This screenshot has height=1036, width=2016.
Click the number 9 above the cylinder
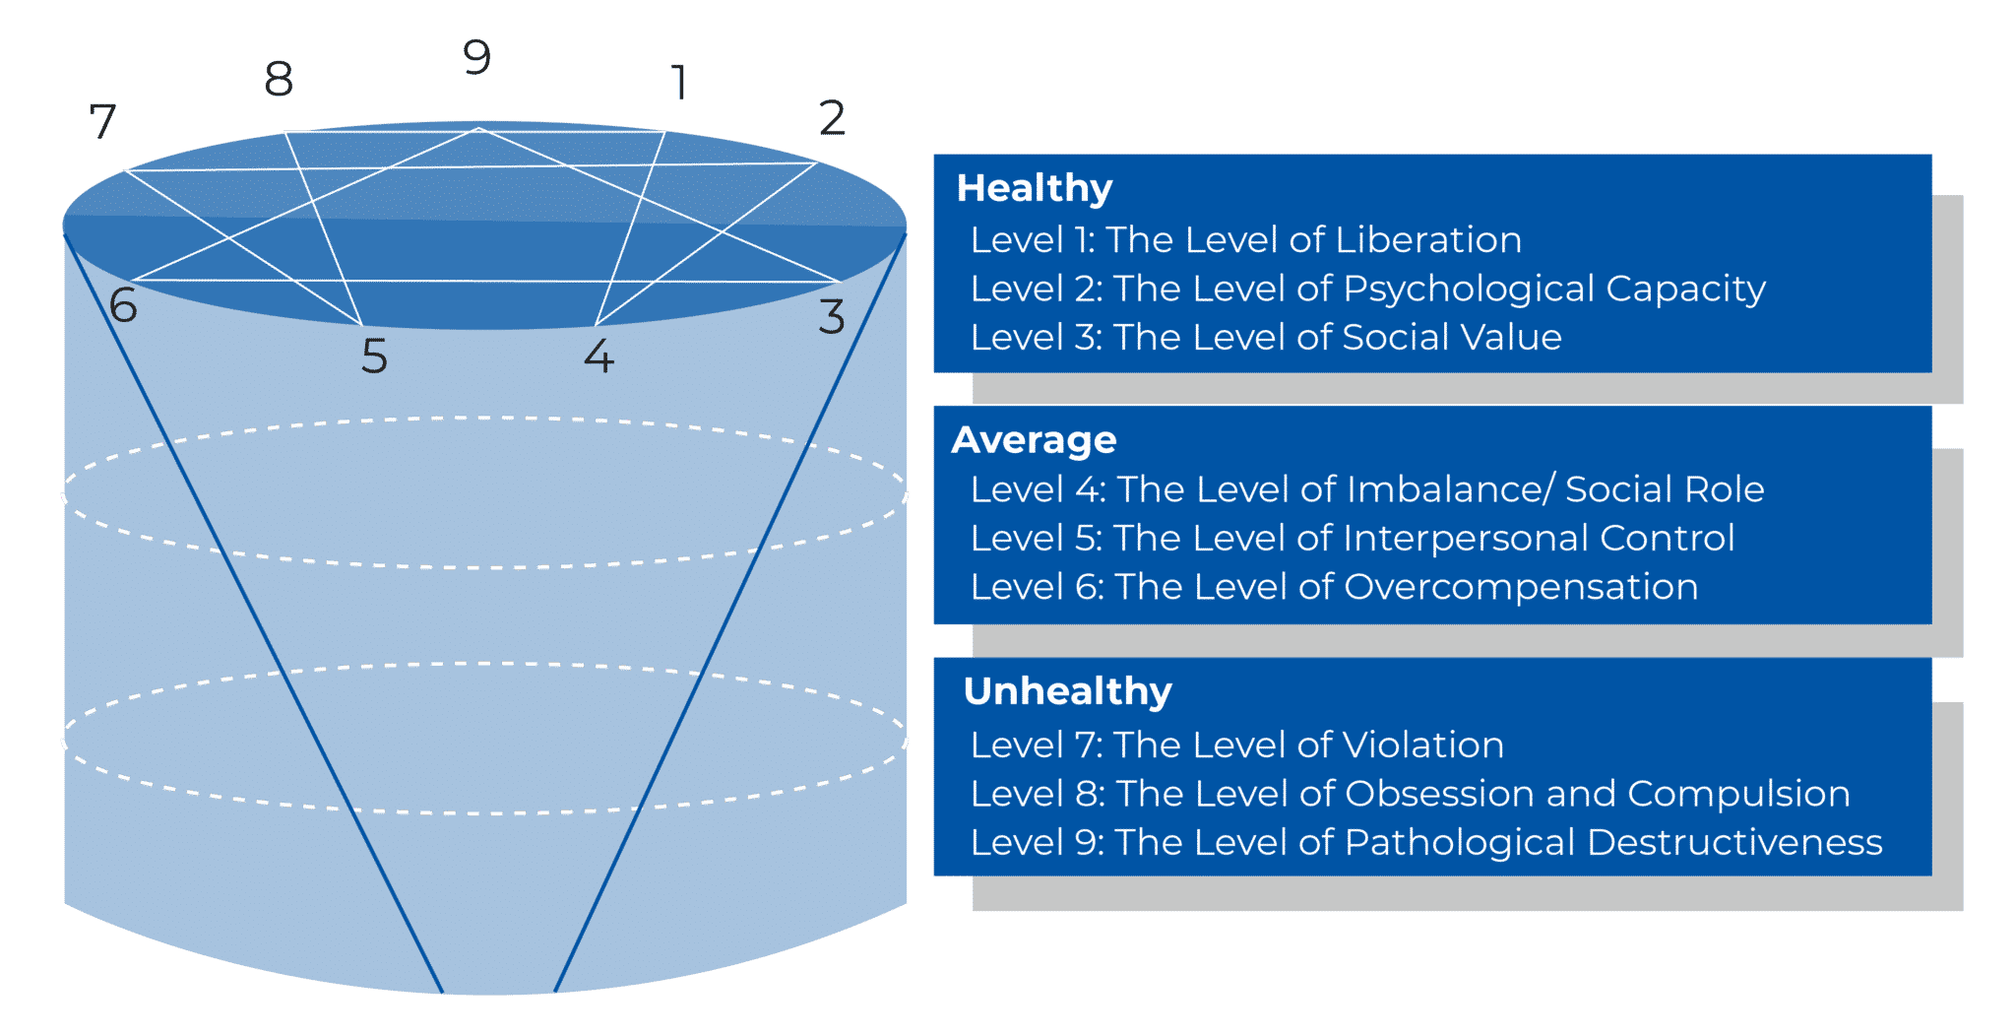tap(477, 58)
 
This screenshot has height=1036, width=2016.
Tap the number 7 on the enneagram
tap(103, 122)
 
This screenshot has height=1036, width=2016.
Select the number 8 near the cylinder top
tap(280, 79)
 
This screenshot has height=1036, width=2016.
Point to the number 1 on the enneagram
tap(678, 83)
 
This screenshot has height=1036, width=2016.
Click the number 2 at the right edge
tap(832, 119)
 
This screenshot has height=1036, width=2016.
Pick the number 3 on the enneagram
tap(832, 317)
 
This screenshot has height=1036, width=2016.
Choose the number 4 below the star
tap(598, 356)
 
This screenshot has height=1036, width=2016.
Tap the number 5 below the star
tap(374, 356)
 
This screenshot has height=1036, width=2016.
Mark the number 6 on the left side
tap(123, 306)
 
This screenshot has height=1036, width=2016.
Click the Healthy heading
tap(1035, 187)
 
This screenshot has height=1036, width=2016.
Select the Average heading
tap(1034, 439)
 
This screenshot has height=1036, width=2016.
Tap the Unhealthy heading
tap(1068, 691)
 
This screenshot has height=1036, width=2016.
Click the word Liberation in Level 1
tap(1428, 240)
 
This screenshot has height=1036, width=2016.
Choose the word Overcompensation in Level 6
tap(1521, 587)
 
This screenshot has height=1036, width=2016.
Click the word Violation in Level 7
tap(1423, 745)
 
